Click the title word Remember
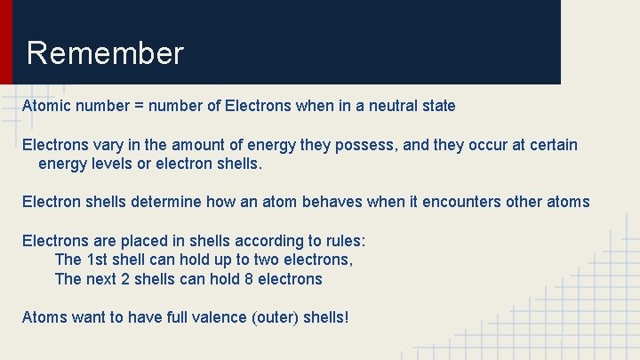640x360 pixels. click(105, 53)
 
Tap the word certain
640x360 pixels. click(549, 145)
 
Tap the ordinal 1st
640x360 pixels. click(98, 260)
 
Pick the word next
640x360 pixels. click(100, 279)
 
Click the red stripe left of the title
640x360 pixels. click(6, 42)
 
